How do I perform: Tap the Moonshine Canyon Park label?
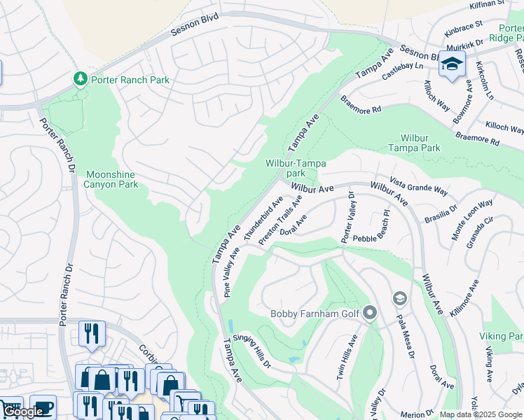tap(112, 179)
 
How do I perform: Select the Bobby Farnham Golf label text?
tap(315, 313)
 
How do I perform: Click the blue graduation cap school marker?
tap(452, 64)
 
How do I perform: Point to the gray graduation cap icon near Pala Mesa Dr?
tap(399, 299)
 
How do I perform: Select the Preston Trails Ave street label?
tap(280, 220)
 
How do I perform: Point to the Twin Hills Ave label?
tap(347, 357)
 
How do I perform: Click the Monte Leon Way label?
tap(472, 220)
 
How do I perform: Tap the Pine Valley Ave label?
tap(232, 272)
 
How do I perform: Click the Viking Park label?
tap(502, 337)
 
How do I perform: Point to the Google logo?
tap(24, 412)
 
